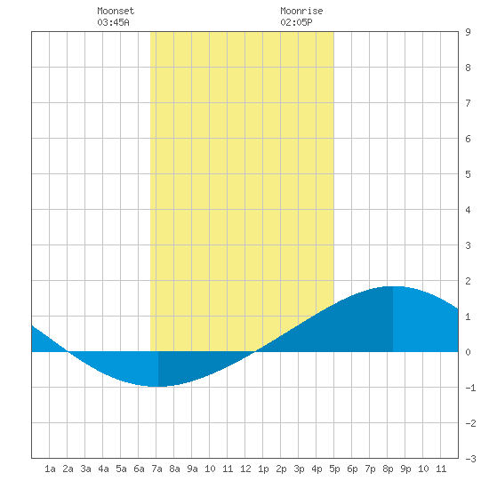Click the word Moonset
[x=116, y=11]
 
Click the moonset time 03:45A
[x=113, y=22]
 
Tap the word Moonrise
[x=301, y=11]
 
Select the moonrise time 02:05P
[x=296, y=22]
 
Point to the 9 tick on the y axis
[x=468, y=32]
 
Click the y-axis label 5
[x=468, y=174]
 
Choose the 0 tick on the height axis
[x=468, y=352]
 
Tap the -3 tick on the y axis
[x=470, y=459]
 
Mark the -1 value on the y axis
[x=470, y=388]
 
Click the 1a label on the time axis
[x=50, y=469]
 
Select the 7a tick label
[x=156, y=469]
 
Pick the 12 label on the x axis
[x=245, y=469]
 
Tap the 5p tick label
[x=334, y=469]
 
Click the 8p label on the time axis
[x=388, y=469]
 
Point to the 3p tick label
[x=299, y=469]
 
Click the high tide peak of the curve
[x=393, y=286]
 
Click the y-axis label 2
[x=468, y=281]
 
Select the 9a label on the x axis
[x=192, y=469]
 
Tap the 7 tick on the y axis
[x=468, y=103]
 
